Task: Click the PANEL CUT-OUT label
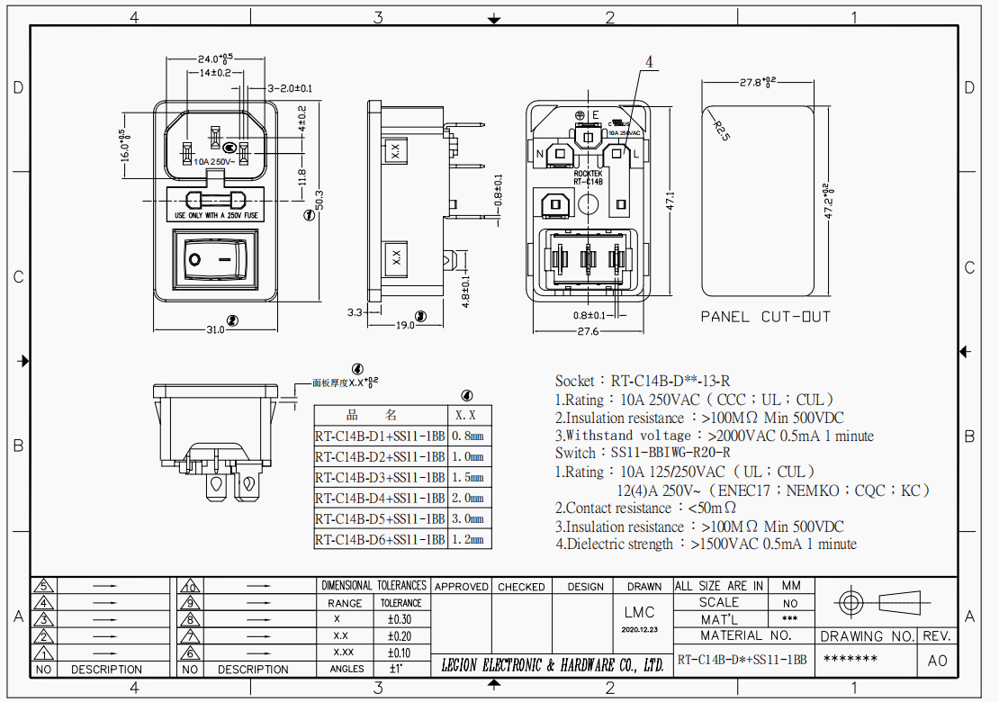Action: [x=765, y=317]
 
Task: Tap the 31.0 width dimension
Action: [x=215, y=329]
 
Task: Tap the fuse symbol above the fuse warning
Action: [x=216, y=199]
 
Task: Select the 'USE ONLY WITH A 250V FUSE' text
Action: [x=216, y=216]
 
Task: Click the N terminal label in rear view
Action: [x=540, y=153]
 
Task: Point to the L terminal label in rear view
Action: [x=636, y=153]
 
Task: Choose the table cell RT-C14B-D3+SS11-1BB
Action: [x=380, y=477]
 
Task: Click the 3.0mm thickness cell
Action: [x=472, y=519]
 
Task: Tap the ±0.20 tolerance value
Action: [x=400, y=635]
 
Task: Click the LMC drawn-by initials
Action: [x=644, y=612]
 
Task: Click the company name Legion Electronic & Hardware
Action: [x=553, y=666]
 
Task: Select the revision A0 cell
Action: [x=937, y=661]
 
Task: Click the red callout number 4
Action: [x=651, y=61]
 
